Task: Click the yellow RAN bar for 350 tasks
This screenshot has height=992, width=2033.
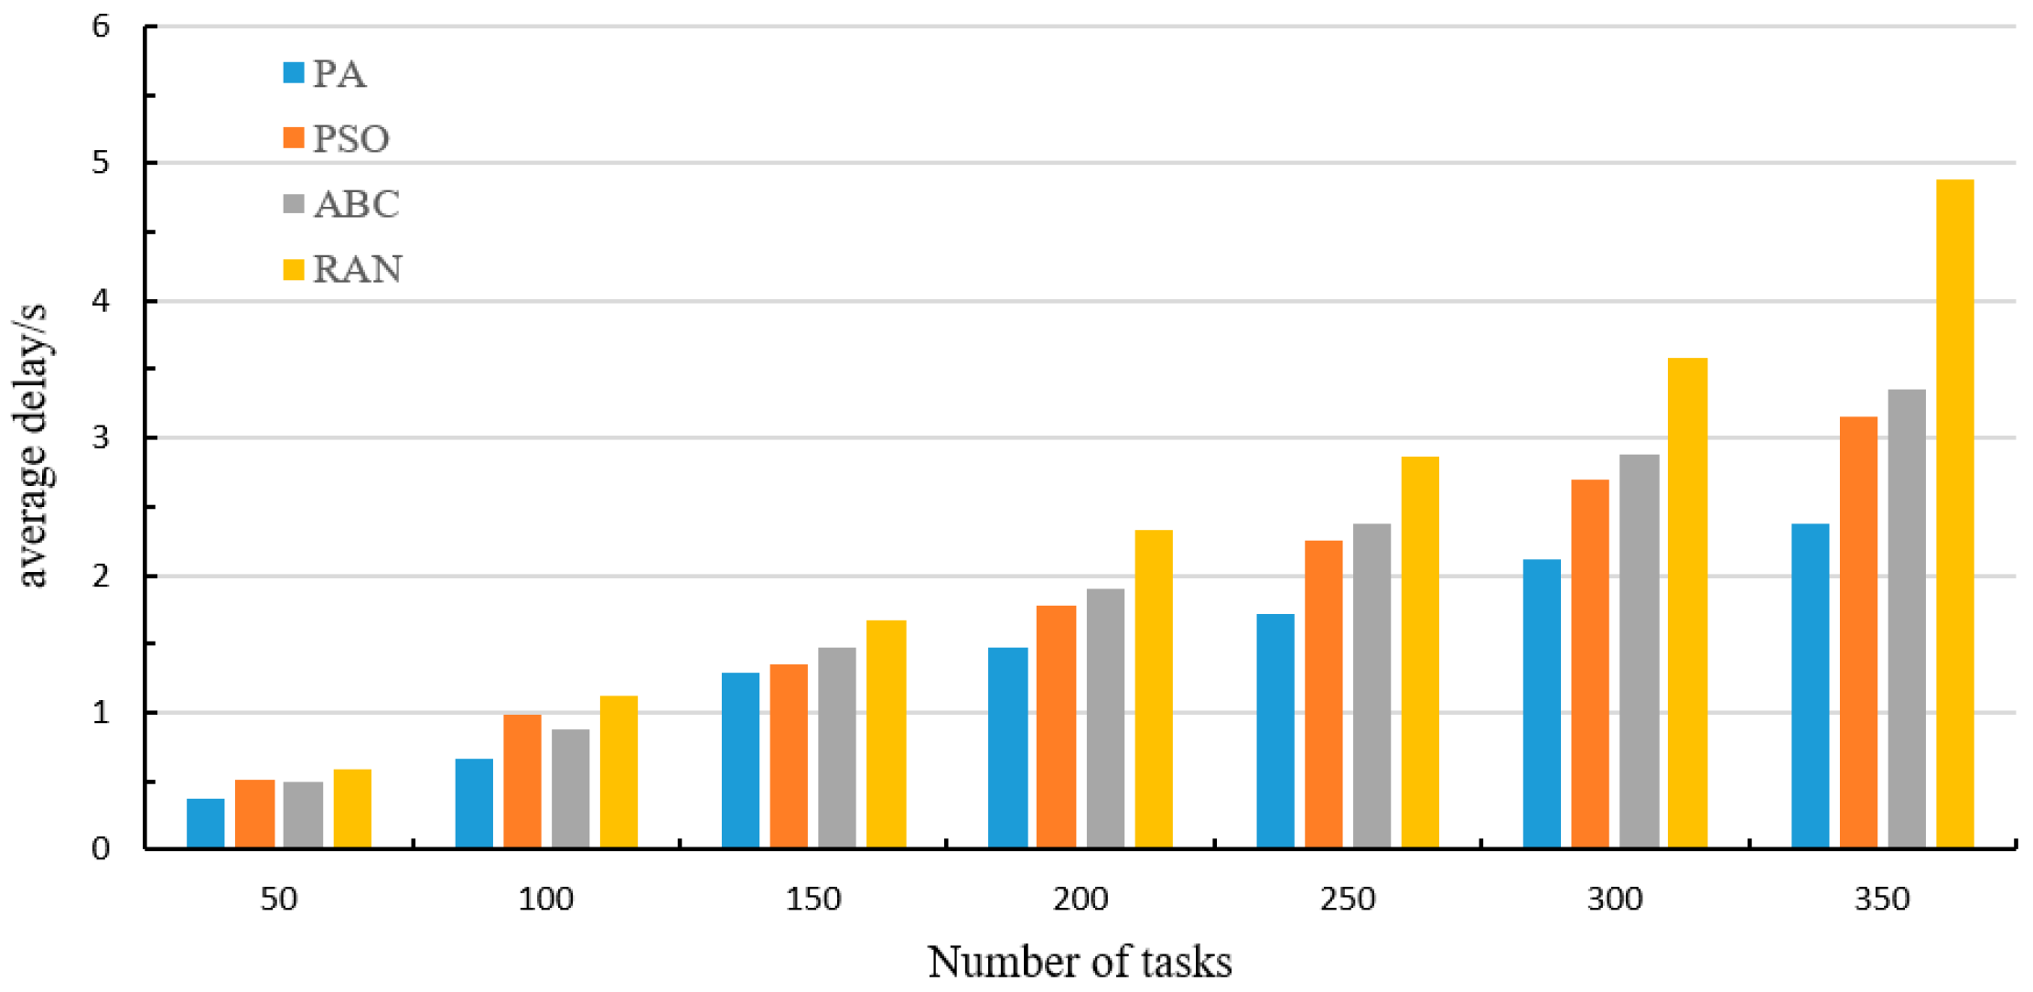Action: (1954, 513)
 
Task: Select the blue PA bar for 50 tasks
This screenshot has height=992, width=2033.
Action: (205, 824)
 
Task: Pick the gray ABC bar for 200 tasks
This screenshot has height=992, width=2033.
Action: (1105, 718)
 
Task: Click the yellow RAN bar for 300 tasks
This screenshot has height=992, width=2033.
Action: (1687, 603)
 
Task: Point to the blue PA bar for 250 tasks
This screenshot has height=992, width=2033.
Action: (1275, 731)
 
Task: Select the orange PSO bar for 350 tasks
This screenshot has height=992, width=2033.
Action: (1858, 632)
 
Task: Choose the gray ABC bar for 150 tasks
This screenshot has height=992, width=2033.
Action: (837, 748)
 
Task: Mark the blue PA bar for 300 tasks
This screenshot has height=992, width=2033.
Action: (1542, 704)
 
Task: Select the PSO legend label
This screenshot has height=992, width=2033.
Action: (351, 139)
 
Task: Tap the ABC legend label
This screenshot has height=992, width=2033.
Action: (356, 204)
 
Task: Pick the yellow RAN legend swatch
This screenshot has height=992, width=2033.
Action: (294, 269)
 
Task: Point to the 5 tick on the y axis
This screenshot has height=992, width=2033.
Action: (101, 163)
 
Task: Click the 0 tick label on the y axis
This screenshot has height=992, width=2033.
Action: (101, 849)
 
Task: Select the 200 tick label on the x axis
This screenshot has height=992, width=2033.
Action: (1081, 900)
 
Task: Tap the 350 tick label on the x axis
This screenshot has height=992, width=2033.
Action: (1882, 900)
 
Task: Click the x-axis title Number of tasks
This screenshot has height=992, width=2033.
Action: (1080, 962)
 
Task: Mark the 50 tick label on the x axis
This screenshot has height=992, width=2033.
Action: (279, 900)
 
